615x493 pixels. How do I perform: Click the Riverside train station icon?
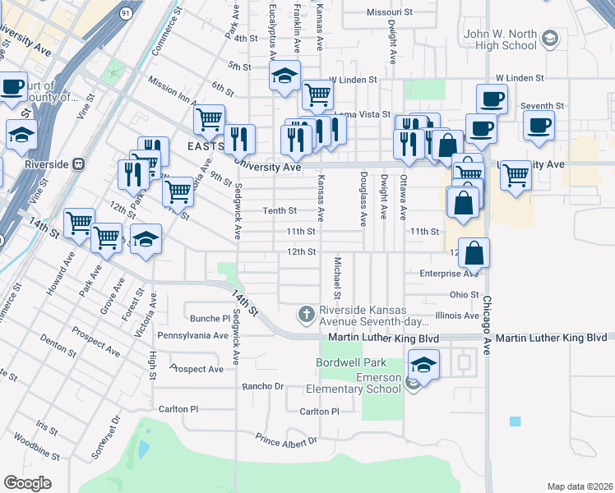pyautogui.click(x=80, y=163)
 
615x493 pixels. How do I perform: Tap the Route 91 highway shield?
pyautogui.click(x=124, y=14)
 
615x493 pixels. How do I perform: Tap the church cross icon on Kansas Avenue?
pyautogui.click(x=306, y=313)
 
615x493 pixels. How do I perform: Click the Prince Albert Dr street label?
pyautogui.click(x=285, y=440)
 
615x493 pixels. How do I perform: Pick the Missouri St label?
pyautogui.click(x=389, y=13)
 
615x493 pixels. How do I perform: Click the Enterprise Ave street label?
pyautogui.click(x=449, y=274)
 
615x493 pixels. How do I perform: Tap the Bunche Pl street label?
pyautogui.click(x=210, y=318)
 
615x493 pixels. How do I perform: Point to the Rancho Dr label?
pyautogui.click(x=262, y=386)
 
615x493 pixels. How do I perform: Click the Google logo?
pyautogui.click(x=27, y=483)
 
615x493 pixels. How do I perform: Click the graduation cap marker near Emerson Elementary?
pyautogui.click(x=423, y=364)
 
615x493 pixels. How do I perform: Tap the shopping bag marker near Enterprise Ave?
pyautogui.click(x=475, y=253)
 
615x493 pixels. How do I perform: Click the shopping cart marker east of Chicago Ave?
pyautogui.click(x=516, y=174)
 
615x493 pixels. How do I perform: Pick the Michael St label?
pyautogui.click(x=337, y=277)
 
